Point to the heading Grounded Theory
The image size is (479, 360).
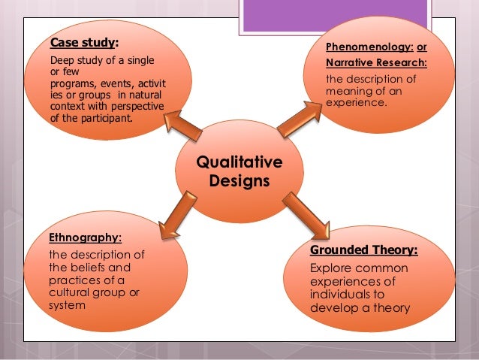coord(363,250)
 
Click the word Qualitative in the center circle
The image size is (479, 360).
coord(239,162)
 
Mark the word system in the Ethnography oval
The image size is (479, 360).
coord(65,305)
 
